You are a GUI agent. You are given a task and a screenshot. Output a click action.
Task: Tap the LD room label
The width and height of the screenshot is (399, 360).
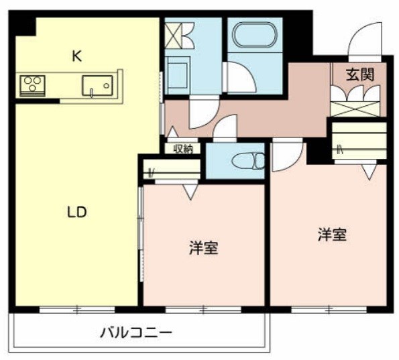[76, 213]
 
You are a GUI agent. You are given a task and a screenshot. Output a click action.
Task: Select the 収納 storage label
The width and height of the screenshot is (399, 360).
[183, 149]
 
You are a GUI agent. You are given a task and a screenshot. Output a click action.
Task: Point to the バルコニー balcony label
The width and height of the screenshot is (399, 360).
[137, 332]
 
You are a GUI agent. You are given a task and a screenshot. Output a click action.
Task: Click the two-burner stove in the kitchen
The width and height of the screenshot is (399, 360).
[31, 84]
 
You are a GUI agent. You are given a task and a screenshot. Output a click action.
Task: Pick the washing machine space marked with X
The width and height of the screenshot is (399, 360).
[180, 34]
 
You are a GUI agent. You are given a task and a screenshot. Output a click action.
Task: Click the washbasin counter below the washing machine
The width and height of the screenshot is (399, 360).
[178, 74]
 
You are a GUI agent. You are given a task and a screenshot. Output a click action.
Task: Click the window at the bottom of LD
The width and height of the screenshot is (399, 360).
[76, 310]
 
